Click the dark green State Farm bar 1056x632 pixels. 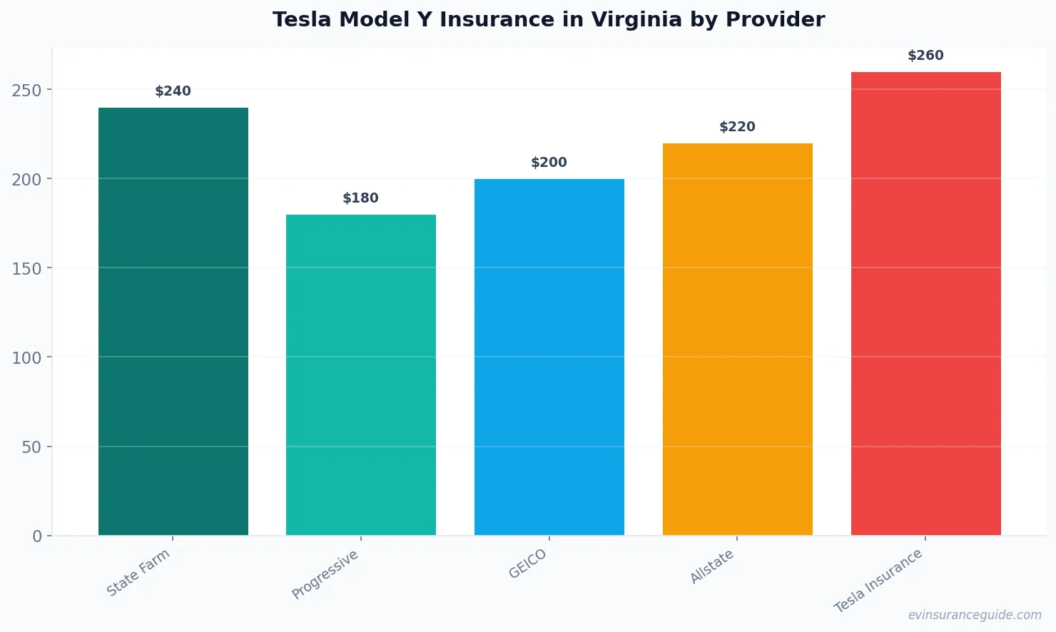(173, 321)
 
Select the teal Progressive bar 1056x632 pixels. (360, 374)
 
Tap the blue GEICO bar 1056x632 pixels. (549, 357)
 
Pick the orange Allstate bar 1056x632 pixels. (737, 339)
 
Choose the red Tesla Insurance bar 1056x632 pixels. (925, 303)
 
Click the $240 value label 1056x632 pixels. (173, 91)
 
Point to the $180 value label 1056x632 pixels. (360, 198)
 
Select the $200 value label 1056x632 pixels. (549, 163)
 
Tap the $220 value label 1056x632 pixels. (737, 127)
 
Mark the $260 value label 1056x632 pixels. (925, 56)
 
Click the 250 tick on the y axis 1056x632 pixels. (27, 90)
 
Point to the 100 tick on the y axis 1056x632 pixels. (27, 357)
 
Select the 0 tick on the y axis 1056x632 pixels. (37, 536)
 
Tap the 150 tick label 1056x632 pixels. (27, 268)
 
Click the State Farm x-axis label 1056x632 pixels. (138, 573)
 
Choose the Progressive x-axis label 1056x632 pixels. (325, 575)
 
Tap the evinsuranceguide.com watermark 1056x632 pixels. (975, 615)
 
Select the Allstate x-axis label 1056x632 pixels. (712, 567)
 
